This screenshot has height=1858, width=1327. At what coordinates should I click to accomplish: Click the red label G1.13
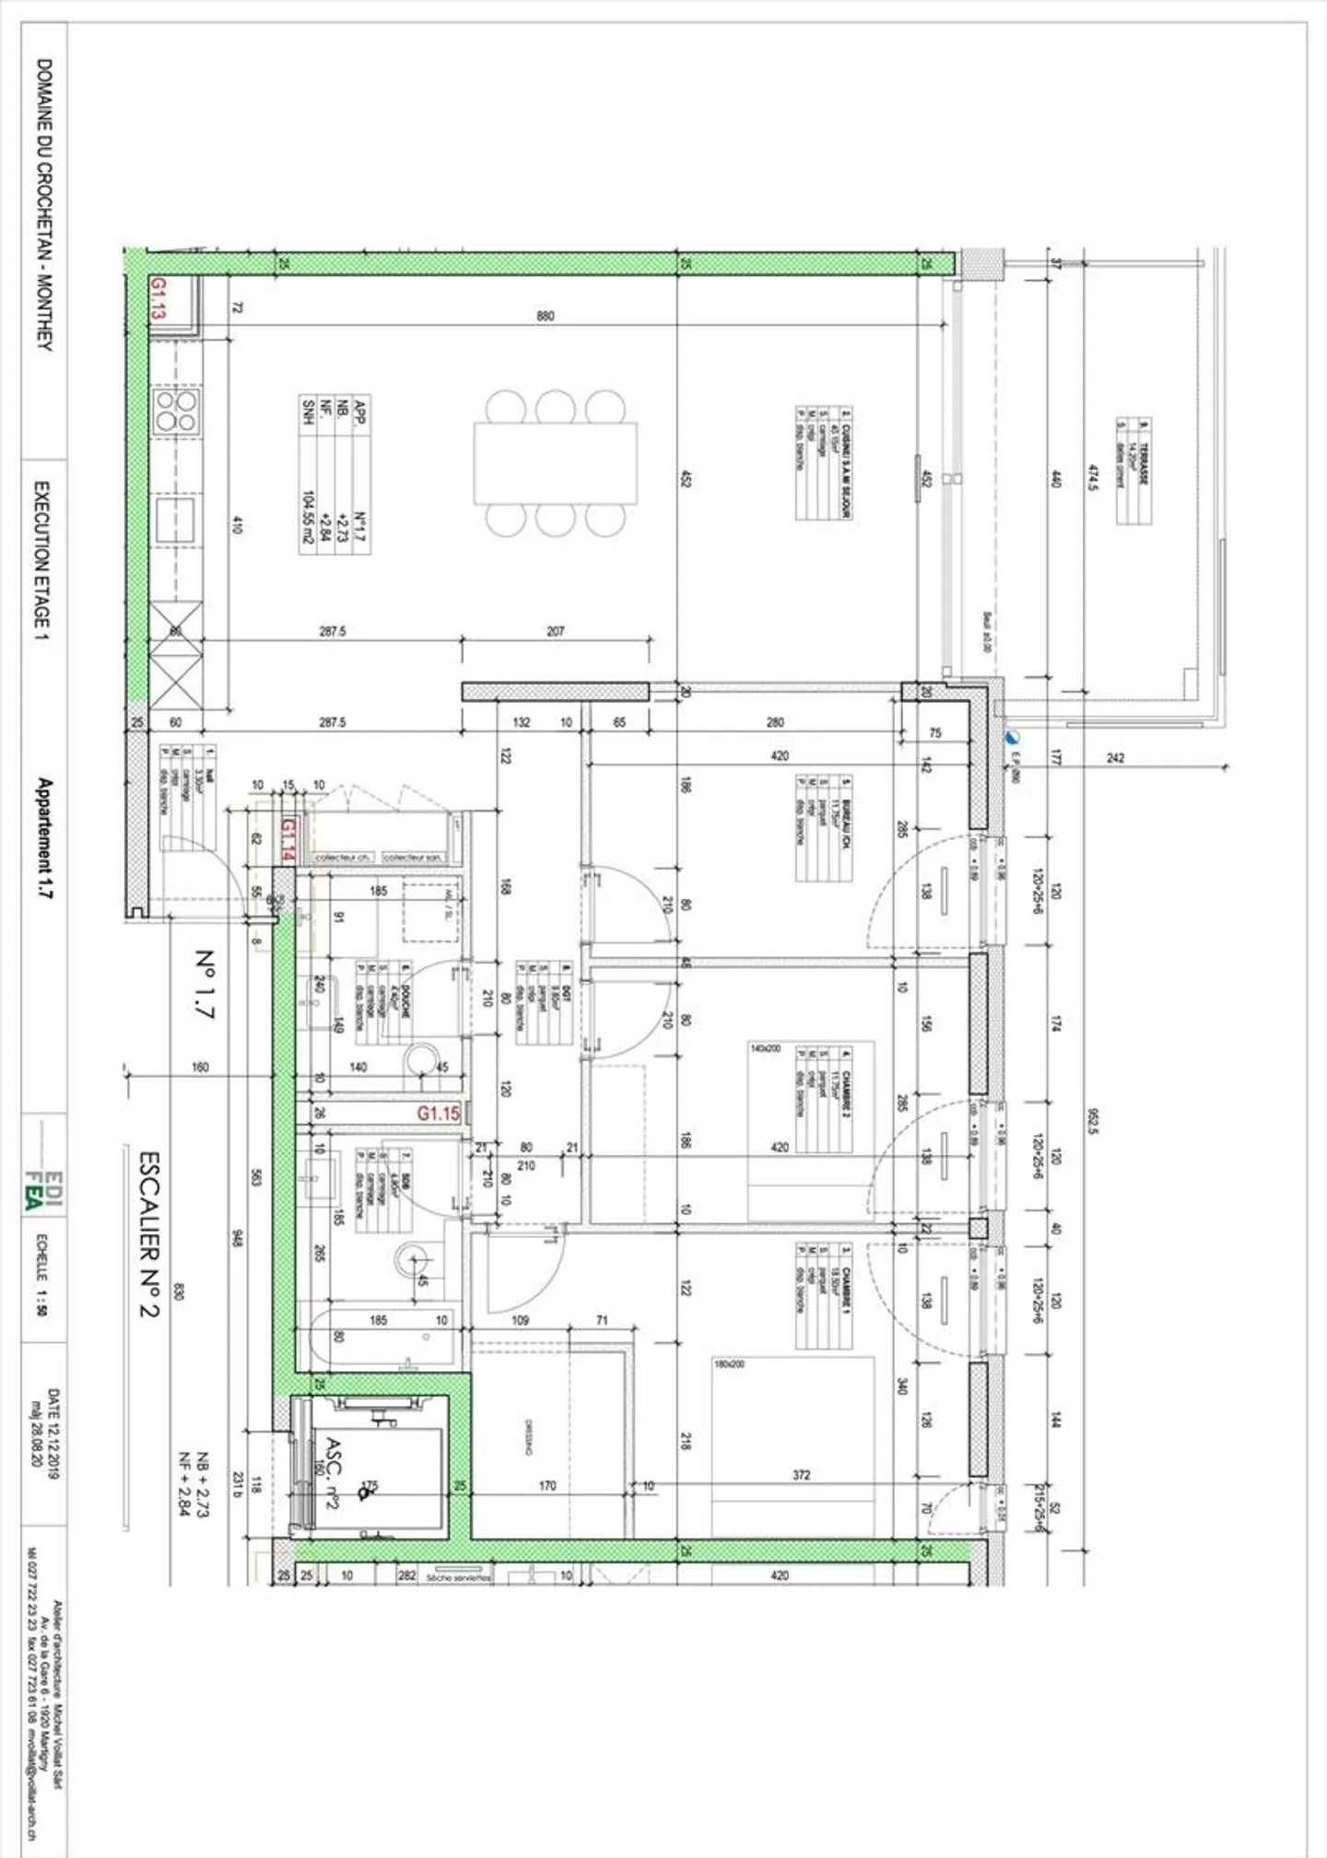(x=159, y=298)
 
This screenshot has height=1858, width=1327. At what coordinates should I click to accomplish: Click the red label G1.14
(x=288, y=838)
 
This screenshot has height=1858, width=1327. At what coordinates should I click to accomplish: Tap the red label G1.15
(x=438, y=1113)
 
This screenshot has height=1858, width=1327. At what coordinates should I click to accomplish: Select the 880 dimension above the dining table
(x=546, y=316)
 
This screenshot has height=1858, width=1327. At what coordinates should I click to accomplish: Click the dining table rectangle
(x=556, y=463)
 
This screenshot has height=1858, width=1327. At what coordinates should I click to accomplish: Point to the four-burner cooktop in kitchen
(x=176, y=411)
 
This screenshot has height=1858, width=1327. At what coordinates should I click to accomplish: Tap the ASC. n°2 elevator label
(x=334, y=1474)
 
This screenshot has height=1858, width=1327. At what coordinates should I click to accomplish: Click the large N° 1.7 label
(x=205, y=984)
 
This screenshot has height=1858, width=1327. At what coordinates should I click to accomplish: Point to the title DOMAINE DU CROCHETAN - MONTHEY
(x=44, y=204)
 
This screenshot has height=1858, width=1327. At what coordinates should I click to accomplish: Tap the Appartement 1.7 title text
(x=44, y=839)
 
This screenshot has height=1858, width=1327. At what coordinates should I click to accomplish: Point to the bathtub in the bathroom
(x=382, y=1338)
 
